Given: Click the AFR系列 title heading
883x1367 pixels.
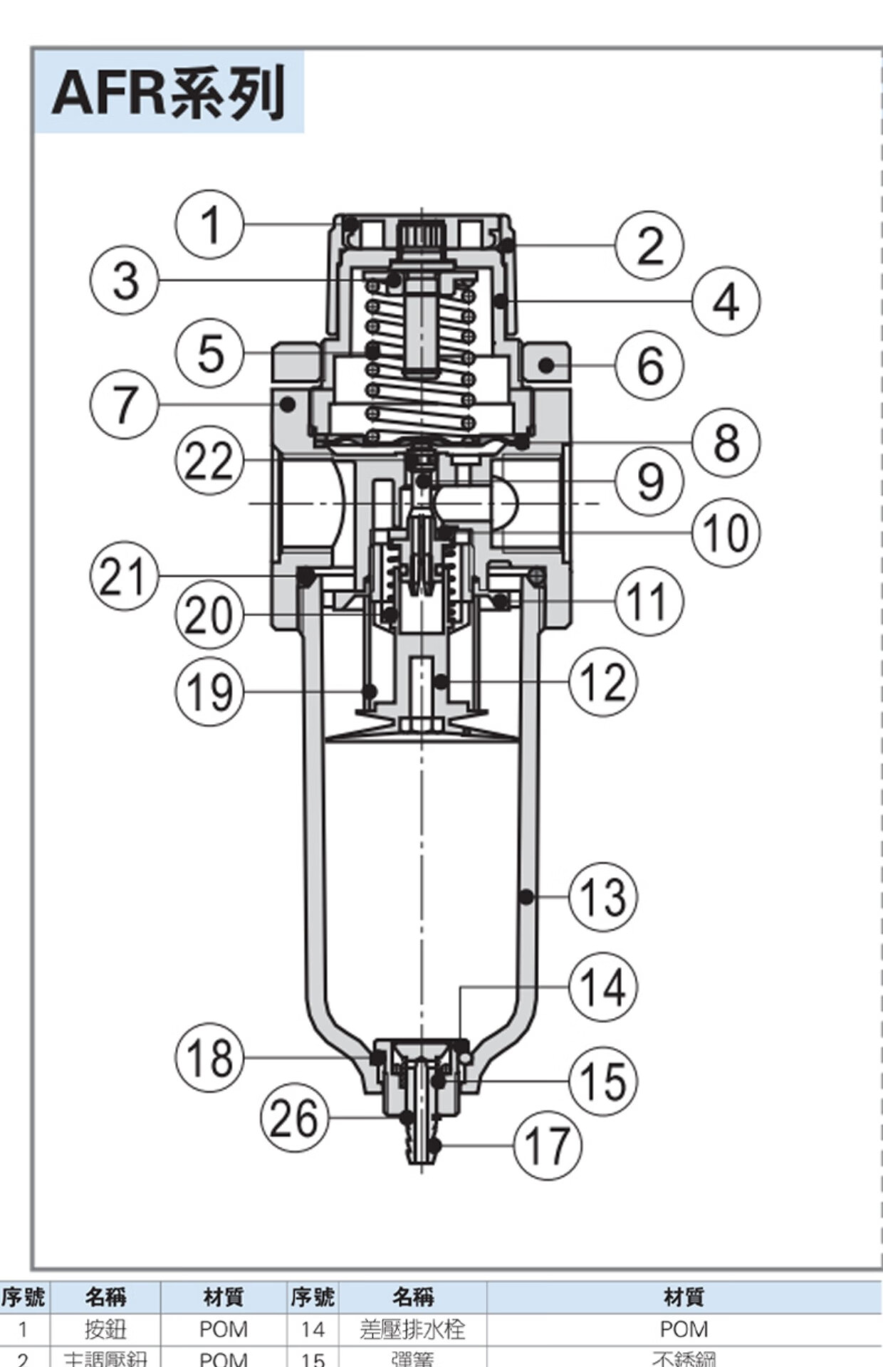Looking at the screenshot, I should point(169,92).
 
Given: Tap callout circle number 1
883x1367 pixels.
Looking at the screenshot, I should point(209,225).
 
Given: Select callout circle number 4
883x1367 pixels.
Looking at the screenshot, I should point(726,301).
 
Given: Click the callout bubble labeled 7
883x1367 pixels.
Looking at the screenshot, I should point(125,404).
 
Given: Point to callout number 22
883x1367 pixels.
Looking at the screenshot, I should point(209,461).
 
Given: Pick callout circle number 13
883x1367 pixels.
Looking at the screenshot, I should point(603,896).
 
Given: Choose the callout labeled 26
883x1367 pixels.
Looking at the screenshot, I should point(295,1118).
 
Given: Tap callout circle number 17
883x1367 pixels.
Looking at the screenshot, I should point(548,1146).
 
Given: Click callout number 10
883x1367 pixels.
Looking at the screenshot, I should point(726,532).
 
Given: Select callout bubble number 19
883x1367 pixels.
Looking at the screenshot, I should point(209,691).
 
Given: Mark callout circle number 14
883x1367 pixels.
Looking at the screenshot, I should point(603,987).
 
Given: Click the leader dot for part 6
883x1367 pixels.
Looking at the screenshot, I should point(546,365).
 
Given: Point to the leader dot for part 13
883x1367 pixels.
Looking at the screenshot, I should point(526,896).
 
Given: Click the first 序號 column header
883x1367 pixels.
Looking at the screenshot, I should point(23,1297).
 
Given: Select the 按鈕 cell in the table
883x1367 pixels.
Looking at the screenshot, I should point(105,1329).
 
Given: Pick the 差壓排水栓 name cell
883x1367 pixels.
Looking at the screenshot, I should point(412,1329).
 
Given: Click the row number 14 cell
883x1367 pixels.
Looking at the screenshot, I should point(313,1329).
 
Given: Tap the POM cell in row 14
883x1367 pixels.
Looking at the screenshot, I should point(684,1329).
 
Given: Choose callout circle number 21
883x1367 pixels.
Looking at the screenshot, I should point(125,576).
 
